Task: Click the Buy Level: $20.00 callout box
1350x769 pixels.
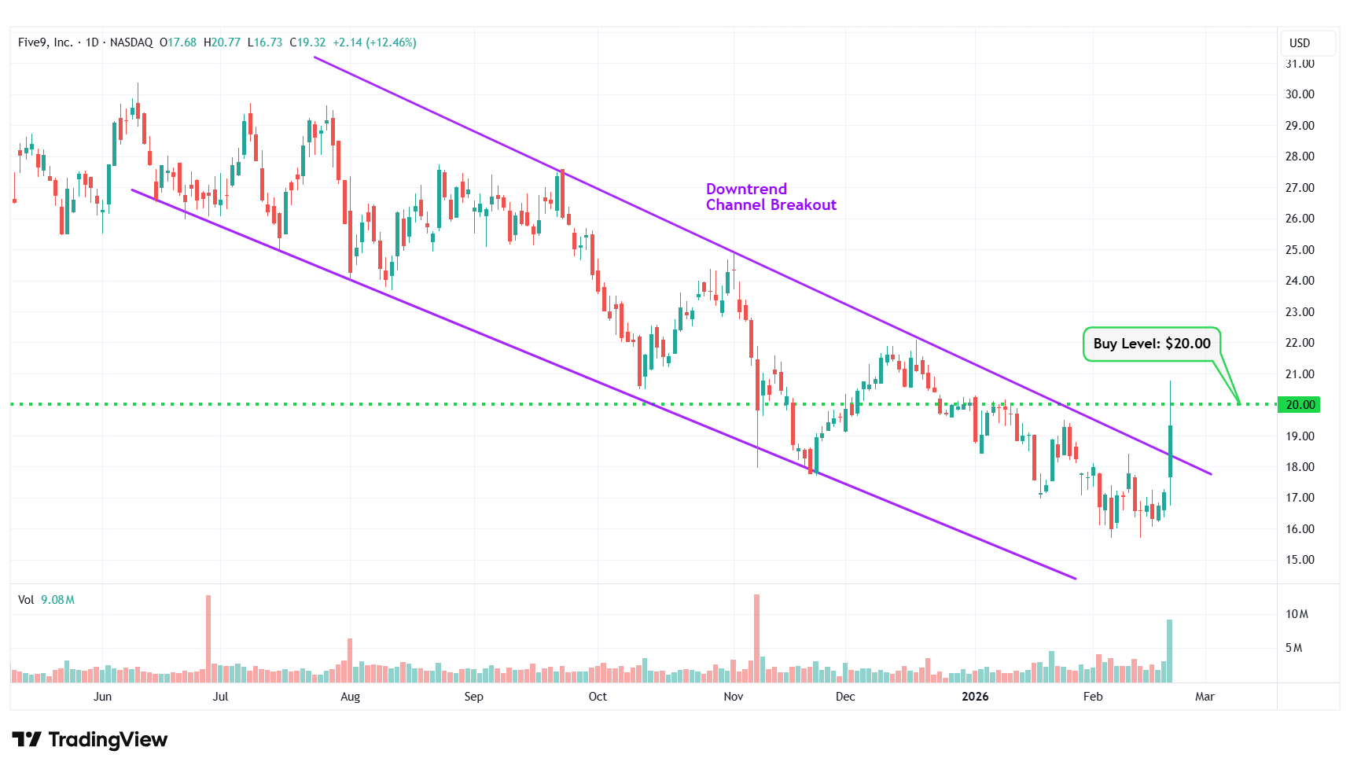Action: (1151, 344)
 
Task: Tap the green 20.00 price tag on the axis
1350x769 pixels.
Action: (1299, 405)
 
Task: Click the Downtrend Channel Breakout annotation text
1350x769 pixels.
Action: (771, 197)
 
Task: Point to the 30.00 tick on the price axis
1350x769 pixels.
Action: (1299, 94)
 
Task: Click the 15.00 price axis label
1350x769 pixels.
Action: (1299, 560)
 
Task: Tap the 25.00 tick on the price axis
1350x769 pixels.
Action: (1299, 250)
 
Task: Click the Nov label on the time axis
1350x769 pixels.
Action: (733, 697)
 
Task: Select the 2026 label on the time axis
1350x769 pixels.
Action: (975, 697)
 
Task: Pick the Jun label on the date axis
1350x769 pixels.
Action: (102, 697)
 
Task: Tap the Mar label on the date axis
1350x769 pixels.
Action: (1205, 697)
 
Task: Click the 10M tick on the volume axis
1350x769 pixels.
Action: (1297, 614)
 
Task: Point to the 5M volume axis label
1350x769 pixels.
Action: (1293, 648)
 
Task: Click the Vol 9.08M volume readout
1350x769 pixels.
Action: (46, 600)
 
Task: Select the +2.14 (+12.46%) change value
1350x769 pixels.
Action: (374, 42)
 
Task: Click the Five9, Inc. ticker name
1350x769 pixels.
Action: (45, 42)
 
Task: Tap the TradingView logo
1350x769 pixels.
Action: (90, 739)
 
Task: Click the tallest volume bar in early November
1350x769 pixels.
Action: (756, 638)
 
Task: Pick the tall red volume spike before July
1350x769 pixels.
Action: (208, 638)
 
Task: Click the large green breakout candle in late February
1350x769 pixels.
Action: (1170, 451)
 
